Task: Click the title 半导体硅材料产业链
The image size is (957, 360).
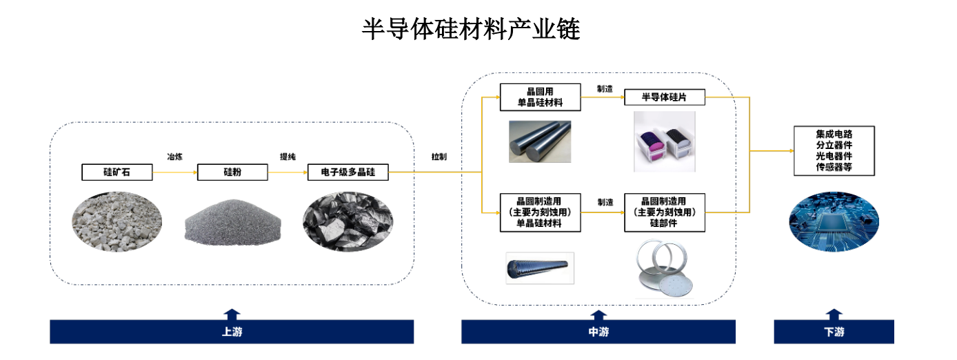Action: (x=471, y=30)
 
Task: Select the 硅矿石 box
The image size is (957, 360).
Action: (x=117, y=172)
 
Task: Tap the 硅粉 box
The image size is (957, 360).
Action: (x=232, y=172)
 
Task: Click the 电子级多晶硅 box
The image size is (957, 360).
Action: (x=347, y=172)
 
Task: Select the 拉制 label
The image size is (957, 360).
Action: (x=439, y=157)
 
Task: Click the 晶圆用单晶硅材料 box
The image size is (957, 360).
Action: (x=540, y=97)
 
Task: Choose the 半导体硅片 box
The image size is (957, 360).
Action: (x=665, y=97)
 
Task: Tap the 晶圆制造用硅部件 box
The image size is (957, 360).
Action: (x=665, y=212)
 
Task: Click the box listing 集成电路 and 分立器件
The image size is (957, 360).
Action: (x=834, y=150)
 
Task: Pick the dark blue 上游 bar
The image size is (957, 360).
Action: (x=232, y=332)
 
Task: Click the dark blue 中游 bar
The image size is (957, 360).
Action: (x=598, y=332)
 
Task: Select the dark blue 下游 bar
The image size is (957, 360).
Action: (x=834, y=332)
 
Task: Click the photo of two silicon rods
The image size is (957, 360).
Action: (x=540, y=141)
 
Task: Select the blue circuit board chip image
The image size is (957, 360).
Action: (x=834, y=220)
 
